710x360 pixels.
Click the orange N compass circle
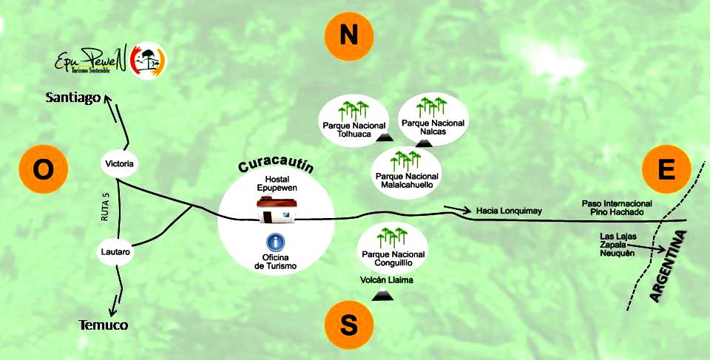tap(349, 37)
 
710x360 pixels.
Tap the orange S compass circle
tap(349, 324)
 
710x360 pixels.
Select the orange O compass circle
tap(43, 169)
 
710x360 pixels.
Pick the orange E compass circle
tap(666, 169)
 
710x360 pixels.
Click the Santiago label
tap(72, 97)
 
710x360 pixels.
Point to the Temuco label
tap(103, 325)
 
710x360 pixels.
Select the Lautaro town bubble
tap(116, 252)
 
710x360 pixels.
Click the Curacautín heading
tap(276, 162)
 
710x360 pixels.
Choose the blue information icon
tap(276, 242)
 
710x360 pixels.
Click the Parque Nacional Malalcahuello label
tap(407, 180)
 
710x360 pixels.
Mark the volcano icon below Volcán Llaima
tap(382, 296)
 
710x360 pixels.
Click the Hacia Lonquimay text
tap(509, 211)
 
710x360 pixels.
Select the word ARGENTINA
tap(669, 266)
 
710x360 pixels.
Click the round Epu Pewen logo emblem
tap(148, 61)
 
